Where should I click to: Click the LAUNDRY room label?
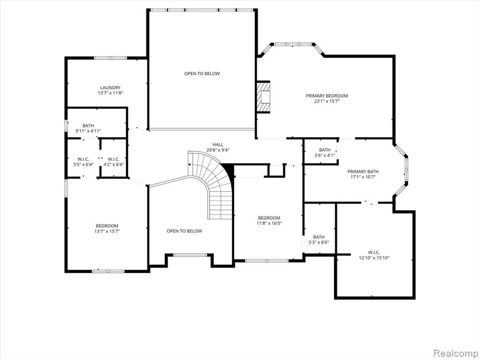click(x=110, y=88)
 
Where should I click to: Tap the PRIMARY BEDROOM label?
click(x=327, y=96)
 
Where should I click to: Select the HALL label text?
click(x=218, y=144)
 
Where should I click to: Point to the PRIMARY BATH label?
click(x=363, y=172)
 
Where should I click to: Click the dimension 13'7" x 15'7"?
click(x=107, y=232)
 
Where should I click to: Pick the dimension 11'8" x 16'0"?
click(x=269, y=223)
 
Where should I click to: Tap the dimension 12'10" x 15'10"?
click(x=374, y=258)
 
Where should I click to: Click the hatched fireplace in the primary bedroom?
click(x=263, y=97)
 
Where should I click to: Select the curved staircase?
click(x=211, y=184)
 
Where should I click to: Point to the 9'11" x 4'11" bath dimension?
click(x=88, y=131)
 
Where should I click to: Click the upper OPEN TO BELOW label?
click(x=202, y=74)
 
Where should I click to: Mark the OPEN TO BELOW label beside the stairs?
click(x=184, y=231)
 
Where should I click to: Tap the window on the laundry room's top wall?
click(x=110, y=58)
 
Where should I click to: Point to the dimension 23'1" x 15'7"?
click(x=327, y=101)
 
